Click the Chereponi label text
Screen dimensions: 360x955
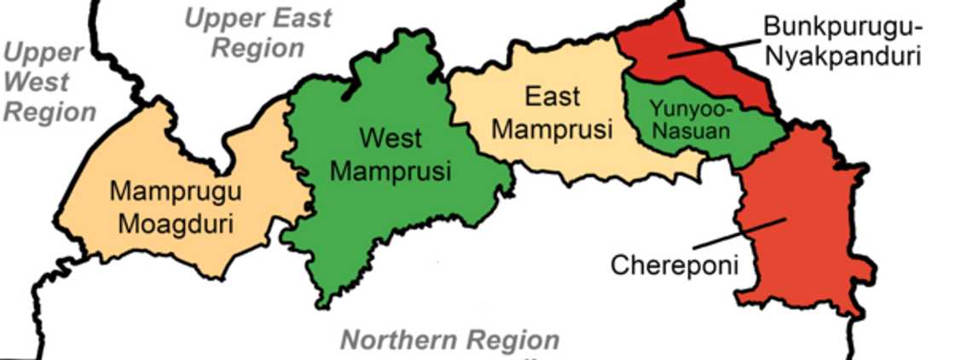click(674, 264)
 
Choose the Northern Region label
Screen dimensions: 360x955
click(450, 340)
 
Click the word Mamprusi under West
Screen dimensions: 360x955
click(391, 171)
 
